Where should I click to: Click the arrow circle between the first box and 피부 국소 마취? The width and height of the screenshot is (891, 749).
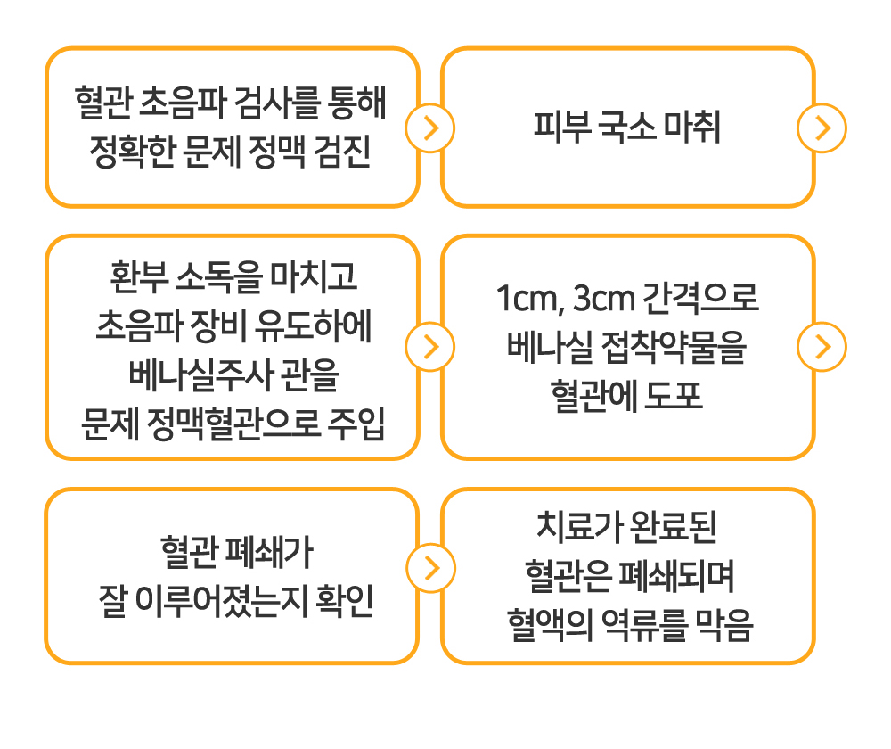coord(429,128)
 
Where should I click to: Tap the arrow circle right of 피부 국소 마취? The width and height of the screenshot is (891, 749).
coord(822,128)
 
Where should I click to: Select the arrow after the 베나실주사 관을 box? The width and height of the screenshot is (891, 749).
coord(429,347)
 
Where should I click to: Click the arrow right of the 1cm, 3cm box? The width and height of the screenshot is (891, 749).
coord(822,347)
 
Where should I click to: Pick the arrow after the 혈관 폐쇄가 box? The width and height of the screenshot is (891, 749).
coord(430,568)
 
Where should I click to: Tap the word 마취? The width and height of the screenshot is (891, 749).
coord(692,127)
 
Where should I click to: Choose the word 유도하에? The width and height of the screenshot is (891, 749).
coord(313,326)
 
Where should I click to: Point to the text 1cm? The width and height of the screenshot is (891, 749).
coord(531,299)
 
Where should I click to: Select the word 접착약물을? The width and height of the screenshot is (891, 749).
coord(673,348)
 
